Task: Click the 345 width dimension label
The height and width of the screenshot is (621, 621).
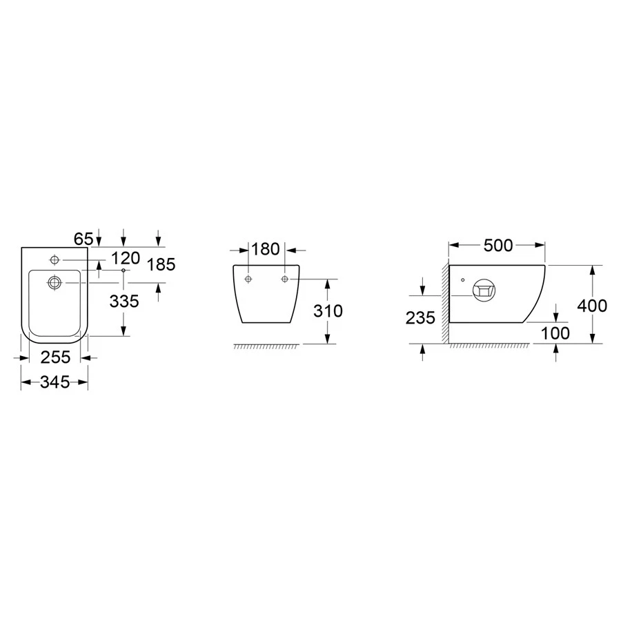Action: [x=55, y=382]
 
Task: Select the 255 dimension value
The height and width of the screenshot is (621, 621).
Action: [x=55, y=357]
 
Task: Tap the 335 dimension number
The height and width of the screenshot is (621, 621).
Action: [x=124, y=302]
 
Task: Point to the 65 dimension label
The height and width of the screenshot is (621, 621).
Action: [x=83, y=239]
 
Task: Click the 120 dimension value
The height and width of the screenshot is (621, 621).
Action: [x=126, y=258]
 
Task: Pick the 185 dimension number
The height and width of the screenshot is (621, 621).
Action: [x=161, y=264]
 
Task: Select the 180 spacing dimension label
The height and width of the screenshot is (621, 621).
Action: [x=266, y=249]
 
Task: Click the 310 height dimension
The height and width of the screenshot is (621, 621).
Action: [x=328, y=311]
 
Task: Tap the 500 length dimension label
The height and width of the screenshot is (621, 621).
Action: [x=498, y=246]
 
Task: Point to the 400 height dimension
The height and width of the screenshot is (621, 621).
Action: [x=592, y=306]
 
